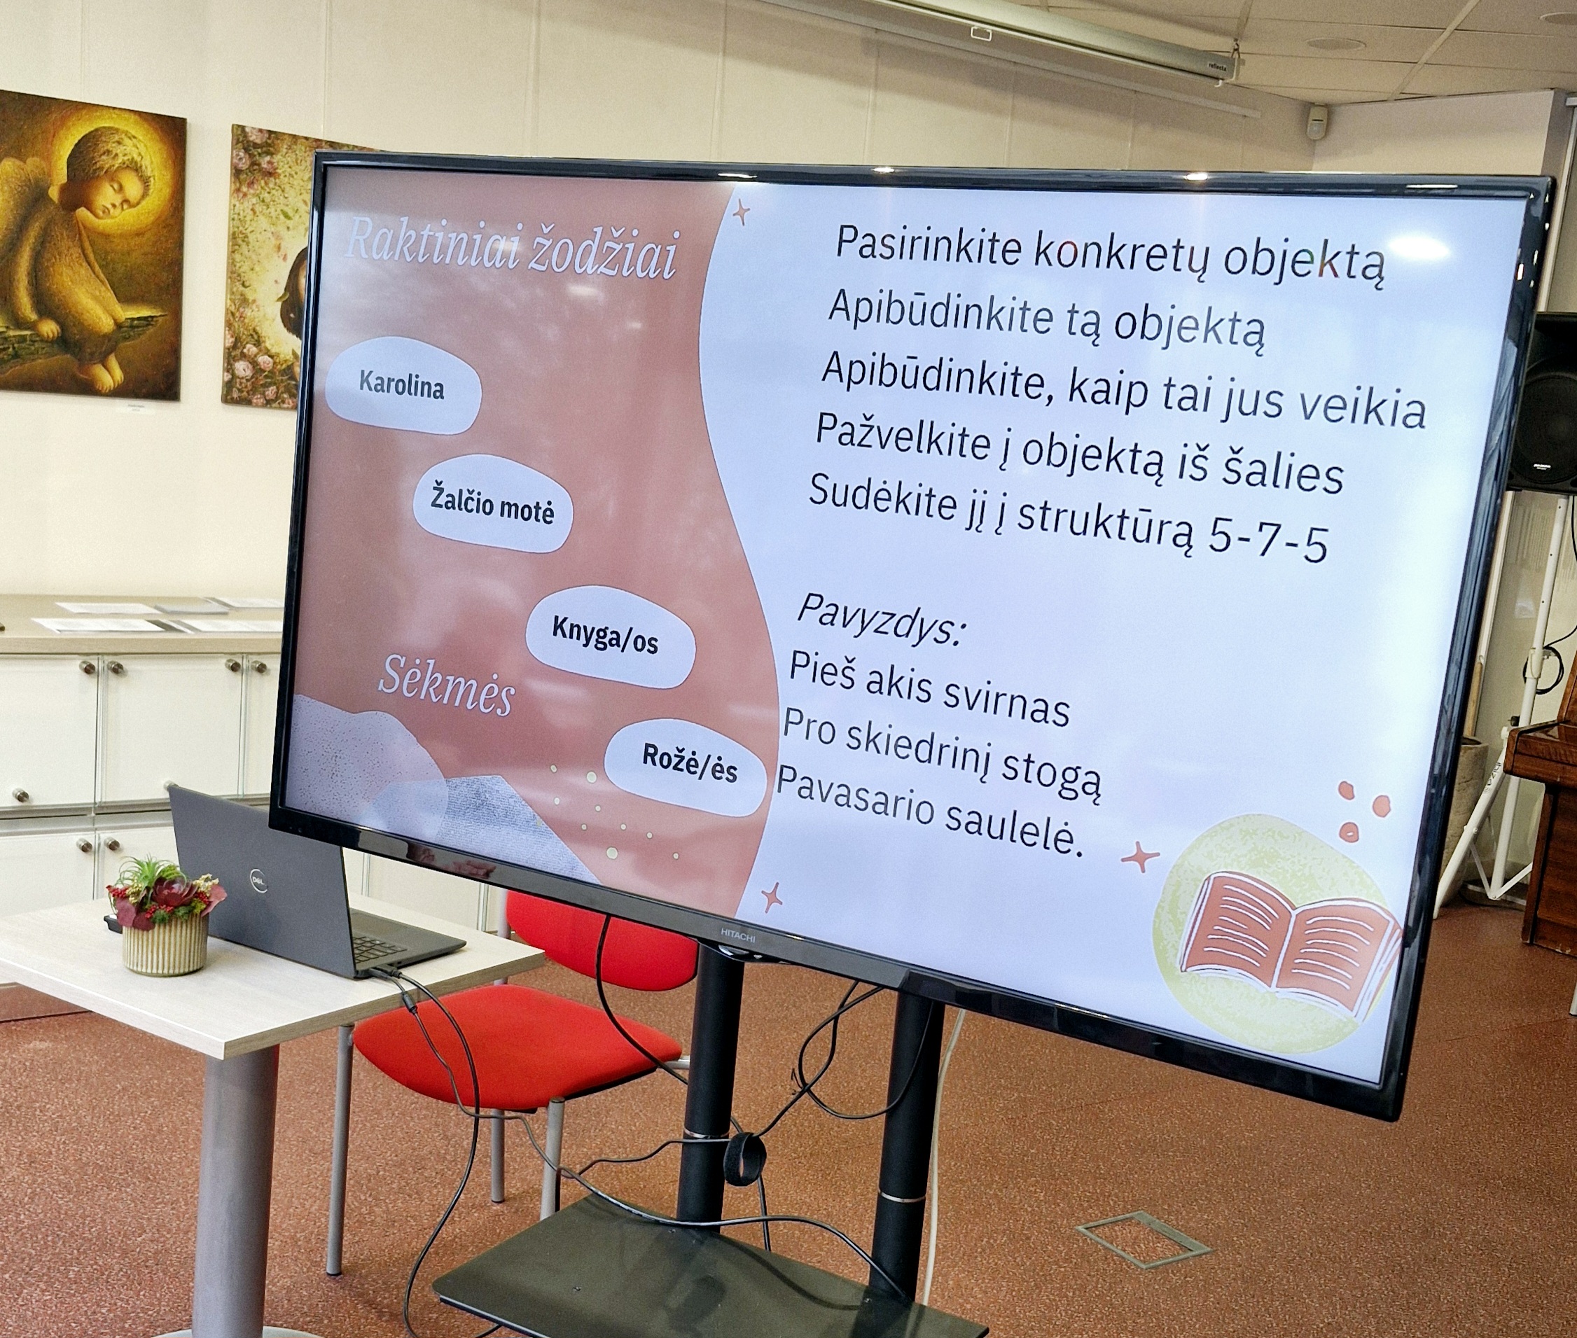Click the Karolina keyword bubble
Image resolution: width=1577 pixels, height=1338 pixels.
pos(403,386)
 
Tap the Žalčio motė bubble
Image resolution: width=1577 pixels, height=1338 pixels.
pos(492,504)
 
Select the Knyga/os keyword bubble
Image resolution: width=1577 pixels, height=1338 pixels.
pos(610,638)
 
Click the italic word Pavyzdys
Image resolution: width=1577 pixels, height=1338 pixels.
pos(881,618)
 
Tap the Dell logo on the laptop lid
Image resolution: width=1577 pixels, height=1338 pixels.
pos(258,881)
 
